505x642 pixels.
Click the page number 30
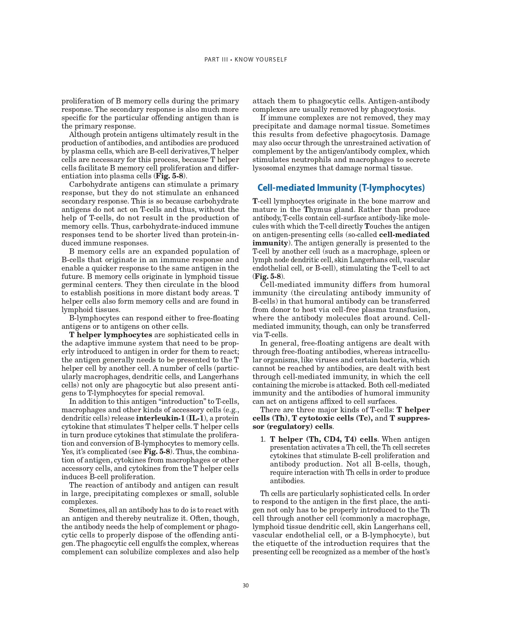(x=246, y=586)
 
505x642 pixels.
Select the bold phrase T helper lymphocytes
(x=111, y=335)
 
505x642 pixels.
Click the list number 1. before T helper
(x=263, y=439)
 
